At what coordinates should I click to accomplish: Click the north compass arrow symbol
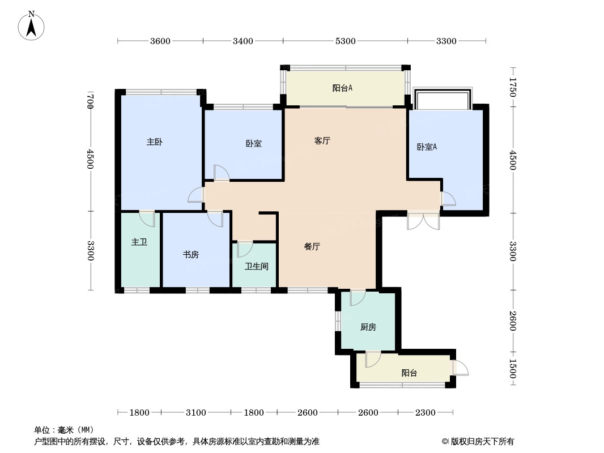pyautogui.click(x=31, y=26)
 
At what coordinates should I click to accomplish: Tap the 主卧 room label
pyautogui.click(x=155, y=142)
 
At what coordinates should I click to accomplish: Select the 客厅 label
pyautogui.click(x=322, y=141)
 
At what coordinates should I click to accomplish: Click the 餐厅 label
pyautogui.click(x=312, y=247)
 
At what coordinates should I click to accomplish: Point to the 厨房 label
pyautogui.click(x=368, y=327)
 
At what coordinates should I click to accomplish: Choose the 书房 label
pyautogui.click(x=191, y=255)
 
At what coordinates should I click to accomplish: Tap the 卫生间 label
pyautogui.click(x=257, y=266)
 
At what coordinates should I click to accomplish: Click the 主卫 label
pyautogui.click(x=139, y=242)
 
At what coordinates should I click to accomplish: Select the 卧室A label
pyautogui.click(x=427, y=147)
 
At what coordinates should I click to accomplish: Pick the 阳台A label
pyautogui.click(x=342, y=88)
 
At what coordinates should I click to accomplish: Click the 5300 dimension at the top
pyautogui.click(x=345, y=41)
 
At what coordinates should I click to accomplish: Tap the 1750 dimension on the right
pyautogui.click(x=513, y=87)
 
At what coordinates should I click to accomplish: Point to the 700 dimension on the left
pyautogui.click(x=90, y=101)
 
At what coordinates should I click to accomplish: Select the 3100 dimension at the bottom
pyautogui.click(x=195, y=413)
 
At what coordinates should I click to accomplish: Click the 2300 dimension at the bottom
pyautogui.click(x=426, y=413)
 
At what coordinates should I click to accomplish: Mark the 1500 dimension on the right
pyautogui.click(x=513, y=368)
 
